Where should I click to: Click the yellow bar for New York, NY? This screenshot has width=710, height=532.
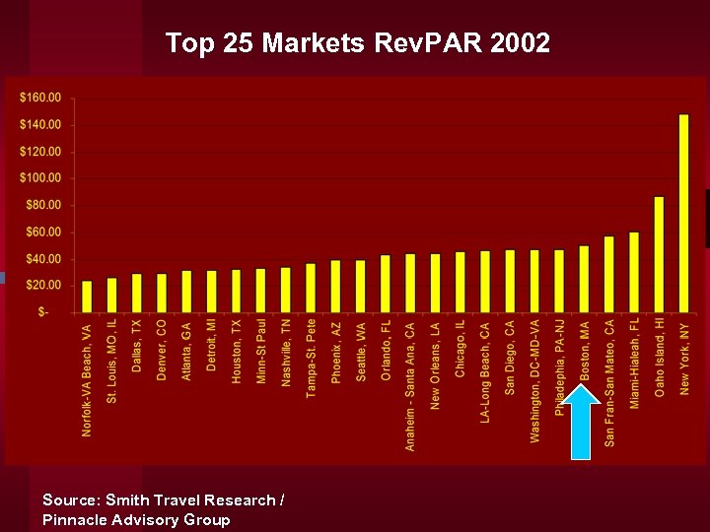(x=684, y=213)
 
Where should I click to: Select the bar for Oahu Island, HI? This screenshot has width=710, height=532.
(x=659, y=254)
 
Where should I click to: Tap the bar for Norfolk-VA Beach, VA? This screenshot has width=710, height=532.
(x=87, y=297)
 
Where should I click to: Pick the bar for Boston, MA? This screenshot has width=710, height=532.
(x=584, y=279)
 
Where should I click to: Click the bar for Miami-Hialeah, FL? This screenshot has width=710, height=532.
(x=634, y=272)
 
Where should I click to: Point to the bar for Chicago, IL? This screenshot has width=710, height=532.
(x=460, y=282)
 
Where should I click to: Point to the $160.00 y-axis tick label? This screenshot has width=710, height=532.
(x=40, y=98)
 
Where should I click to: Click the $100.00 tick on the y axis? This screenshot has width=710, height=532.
(x=40, y=178)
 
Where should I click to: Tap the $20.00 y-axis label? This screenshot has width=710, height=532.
(x=43, y=285)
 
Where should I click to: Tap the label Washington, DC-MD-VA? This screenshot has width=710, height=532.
(x=534, y=379)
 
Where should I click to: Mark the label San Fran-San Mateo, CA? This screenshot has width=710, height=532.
(x=609, y=382)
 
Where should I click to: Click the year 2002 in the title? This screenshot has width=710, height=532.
(x=515, y=43)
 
